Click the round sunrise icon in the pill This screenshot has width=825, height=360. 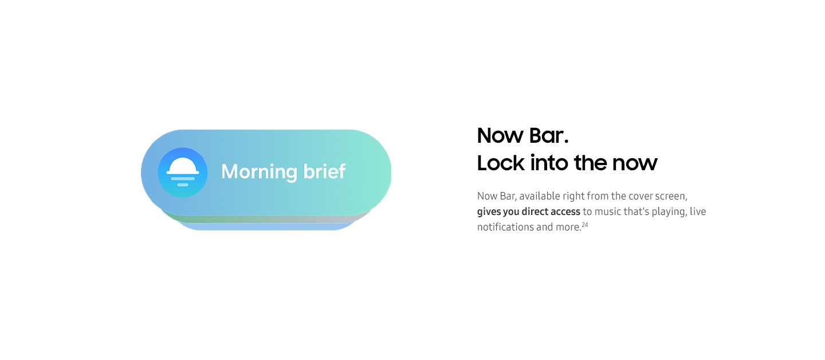183,173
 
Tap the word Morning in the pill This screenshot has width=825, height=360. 260,172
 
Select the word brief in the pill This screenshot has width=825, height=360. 324,171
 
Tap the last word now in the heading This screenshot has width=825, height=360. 635,163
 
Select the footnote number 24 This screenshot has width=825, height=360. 585,224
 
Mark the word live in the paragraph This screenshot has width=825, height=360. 698,212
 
